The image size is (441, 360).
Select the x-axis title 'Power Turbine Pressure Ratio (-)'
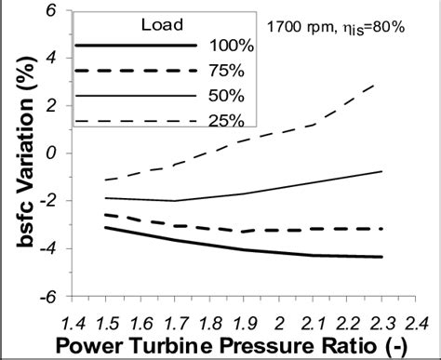click(240, 344)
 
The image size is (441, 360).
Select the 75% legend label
click(225, 71)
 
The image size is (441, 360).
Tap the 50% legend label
click(225, 96)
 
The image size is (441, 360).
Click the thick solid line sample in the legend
click(136, 45)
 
